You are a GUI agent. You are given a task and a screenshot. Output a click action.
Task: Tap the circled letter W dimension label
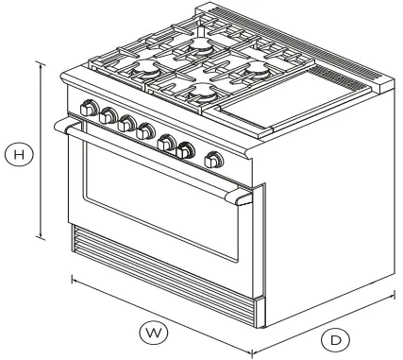[151, 332]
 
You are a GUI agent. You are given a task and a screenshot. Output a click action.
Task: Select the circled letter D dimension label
[335, 338]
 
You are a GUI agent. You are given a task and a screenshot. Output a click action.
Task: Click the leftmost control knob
[90, 110]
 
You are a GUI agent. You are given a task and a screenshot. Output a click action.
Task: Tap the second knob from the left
[108, 117]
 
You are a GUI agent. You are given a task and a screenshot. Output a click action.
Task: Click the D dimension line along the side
[326, 322]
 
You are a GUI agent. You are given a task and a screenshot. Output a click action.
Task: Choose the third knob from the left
[126, 123]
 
